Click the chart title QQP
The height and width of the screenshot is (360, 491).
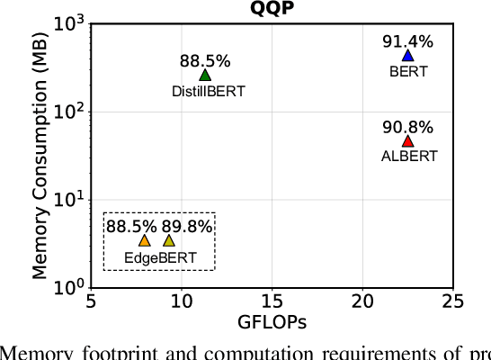[x=271, y=9]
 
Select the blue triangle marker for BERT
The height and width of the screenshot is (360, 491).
[x=407, y=56]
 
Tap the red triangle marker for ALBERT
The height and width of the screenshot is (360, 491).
[x=407, y=140]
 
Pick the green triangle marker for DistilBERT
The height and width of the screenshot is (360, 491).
[x=205, y=76]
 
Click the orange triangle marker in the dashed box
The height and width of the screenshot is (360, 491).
[x=145, y=240]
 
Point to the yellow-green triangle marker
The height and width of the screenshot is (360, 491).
[x=169, y=240]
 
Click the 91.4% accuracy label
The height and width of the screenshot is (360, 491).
[x=407, y=40]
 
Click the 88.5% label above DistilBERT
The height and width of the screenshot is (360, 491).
[x=205, y=61]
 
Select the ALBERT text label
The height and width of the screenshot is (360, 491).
[x=409, y=156]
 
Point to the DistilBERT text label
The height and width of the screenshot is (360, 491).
[x=208, y=91]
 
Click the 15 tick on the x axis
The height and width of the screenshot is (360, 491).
[x=271, y=301]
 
